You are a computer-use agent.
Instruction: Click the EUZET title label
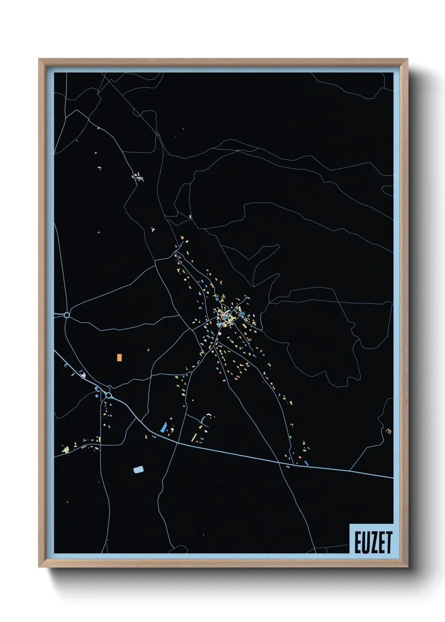[373, 542]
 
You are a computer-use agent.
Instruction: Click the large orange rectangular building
[119, 357]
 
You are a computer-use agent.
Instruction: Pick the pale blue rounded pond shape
[138, 469]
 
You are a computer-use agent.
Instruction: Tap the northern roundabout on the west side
[66, 315]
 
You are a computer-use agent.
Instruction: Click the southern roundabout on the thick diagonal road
[109, 395]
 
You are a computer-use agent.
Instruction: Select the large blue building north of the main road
[164, 428]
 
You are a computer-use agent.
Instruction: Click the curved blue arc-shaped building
[206, 418]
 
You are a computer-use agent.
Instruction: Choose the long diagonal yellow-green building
[194, 438]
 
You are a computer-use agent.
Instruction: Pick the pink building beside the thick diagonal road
[83, 374]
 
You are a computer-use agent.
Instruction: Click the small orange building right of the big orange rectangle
[148, 349]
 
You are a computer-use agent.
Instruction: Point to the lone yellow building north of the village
[191, 217]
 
